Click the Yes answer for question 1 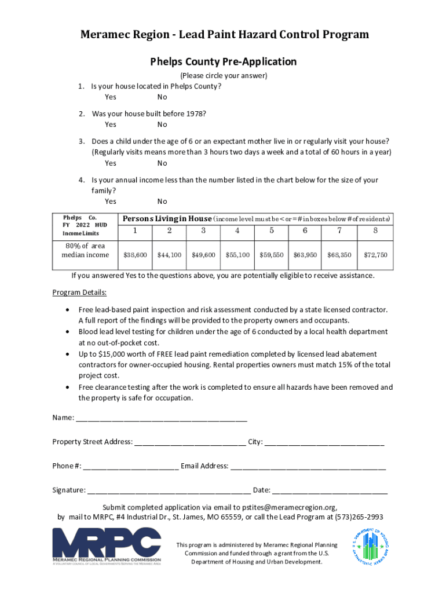(110, 97)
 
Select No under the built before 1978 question (162, 125)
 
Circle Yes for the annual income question (110, 202)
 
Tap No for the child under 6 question (162, 163)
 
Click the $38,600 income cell (136, 255)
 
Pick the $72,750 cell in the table (375, 255)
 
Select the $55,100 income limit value (238, 255)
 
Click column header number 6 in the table (305, 231)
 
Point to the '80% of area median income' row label (85, 251)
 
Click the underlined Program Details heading (79, 292)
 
